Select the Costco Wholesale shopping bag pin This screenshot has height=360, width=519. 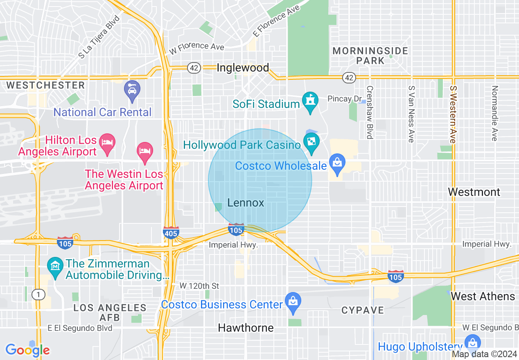pyautogui.click(x=337, y=164)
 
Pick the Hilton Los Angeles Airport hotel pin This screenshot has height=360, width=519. pyautogui.click(x=107, y=144)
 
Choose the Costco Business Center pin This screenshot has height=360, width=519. pyautogui.click(x=293, y=302)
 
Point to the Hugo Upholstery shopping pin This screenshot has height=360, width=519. pyautogui.click(x=472, y=343)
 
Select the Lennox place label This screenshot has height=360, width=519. pyautogui.click(x=246, y=203)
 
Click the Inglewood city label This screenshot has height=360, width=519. pyautogui.click(x=243, y=67)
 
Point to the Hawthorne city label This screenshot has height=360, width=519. pyautogui.click(x=246, y=328)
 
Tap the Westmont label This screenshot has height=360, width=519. pyautogui.click(x=474, y=192)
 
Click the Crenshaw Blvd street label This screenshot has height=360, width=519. pyautogui.click(x=370, y=112)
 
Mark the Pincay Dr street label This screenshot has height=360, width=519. pyautogui.click(x=345, y=99)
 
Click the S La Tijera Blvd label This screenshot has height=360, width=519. pyautogui.click(x=99, y=37)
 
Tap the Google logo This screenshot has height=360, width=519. pyautogui.click(x=27, y=350)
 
